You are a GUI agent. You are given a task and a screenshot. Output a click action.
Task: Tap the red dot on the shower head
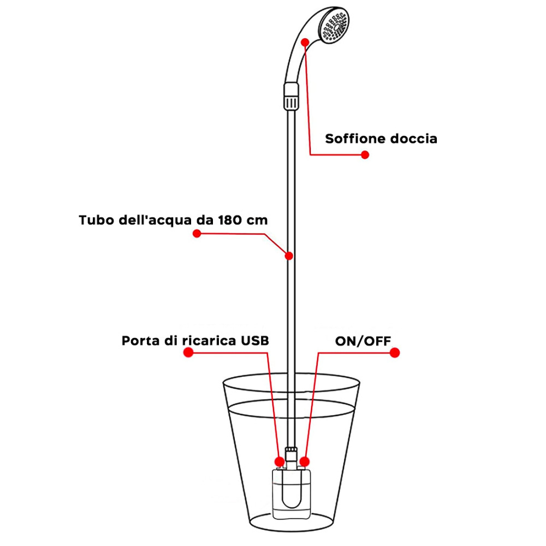pyautogui.click(x=307, y=41)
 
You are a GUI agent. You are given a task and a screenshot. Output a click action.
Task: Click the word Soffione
pyautogui.click(x=355, y=139)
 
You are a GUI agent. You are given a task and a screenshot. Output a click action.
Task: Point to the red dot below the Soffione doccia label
pyautogui.click(x=365, y=155)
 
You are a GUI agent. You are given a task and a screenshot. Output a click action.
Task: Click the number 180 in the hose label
pyautogui.click(x=230, y=221)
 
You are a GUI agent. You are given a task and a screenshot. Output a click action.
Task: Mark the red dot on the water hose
pyautogui.click(x=289, y=255)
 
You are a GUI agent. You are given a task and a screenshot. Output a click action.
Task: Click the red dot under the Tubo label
pyautogui.click(x=197, y=234)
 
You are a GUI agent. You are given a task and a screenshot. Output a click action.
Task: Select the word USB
pyautogui.click(x=255, y=341)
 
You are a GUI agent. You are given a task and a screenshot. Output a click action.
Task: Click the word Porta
pyautogui.click(x=139, y=341)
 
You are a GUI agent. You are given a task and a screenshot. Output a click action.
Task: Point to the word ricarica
pyautogui.click(x=208, y=341)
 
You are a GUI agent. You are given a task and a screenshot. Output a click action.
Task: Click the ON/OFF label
pyautogui.click(x=363, y=341)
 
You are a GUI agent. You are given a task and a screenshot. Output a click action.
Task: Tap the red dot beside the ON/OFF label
pyautogui.click(x=394, y=353)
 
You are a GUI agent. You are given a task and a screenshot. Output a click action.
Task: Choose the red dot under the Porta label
pyautogui.click(x=188, y=353)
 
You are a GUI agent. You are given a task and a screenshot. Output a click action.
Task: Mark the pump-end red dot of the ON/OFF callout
pyautogui.click(x=305, y=460)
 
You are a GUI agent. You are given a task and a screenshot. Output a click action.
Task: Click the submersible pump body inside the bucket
pyautogui.click(x=292, y=494)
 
